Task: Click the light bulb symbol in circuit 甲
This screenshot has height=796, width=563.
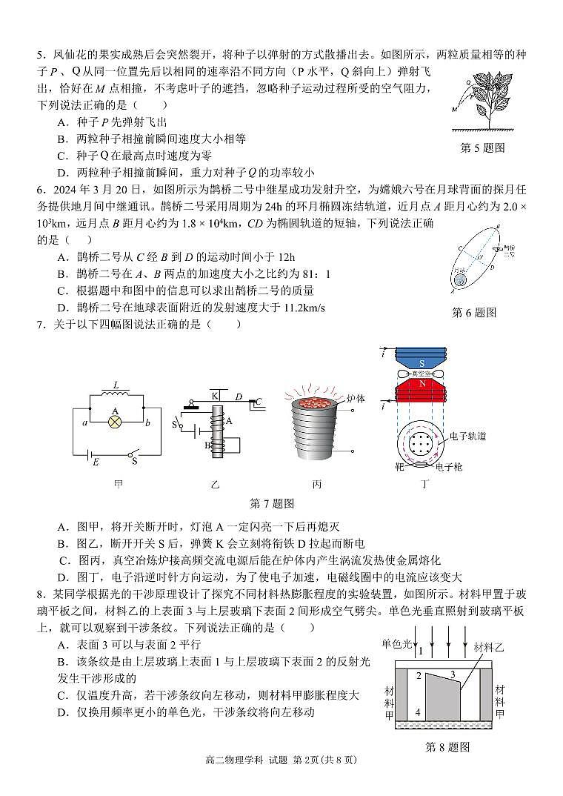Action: tap(115, 421)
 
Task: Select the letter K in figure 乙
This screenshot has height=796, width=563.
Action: tap(216, 396)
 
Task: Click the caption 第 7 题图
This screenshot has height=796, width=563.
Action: tap(272, 504)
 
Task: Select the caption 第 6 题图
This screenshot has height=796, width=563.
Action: tap(473, 313)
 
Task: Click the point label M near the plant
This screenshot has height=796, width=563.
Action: tap(453, 109)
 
